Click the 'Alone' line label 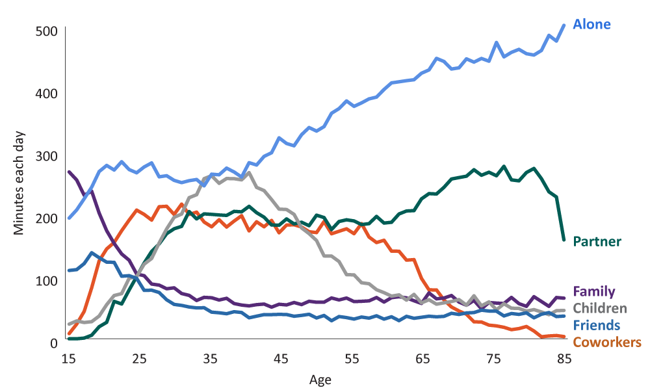[x=591, y=25]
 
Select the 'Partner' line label [x=597, y=242]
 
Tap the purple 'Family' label [x=594, y=292]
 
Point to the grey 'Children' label [x=600, y=309]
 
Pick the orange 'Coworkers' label [x=607, y=343]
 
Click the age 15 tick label [x=68, y=359]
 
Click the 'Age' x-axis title [x=320, y=379]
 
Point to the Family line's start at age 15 [x=68, y=172]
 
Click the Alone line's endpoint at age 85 [x=564, y=25]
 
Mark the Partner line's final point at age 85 [x=564, y=240]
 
